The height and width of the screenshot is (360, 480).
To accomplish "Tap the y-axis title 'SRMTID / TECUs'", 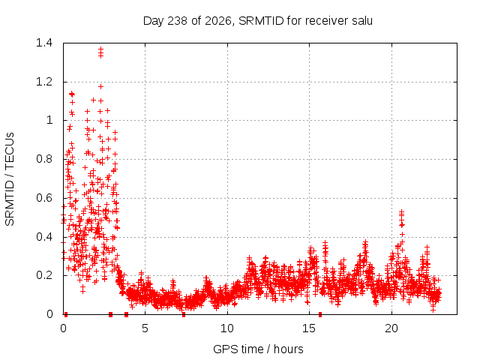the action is [10, 179].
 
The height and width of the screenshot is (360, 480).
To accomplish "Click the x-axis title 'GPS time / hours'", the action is [258, 349].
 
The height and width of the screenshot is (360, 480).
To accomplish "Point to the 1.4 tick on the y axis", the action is [44, 43].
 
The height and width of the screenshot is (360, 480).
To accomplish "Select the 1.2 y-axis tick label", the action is [44, 82].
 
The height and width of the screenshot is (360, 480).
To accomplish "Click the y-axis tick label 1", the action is [49, 120].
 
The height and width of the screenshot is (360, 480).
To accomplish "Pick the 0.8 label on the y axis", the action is [44, 159].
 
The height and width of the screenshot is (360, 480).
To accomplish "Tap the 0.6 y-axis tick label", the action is [44, 198].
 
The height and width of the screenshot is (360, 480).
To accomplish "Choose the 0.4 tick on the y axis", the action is [44, 237].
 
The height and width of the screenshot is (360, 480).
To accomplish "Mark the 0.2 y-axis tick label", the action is [44, 275].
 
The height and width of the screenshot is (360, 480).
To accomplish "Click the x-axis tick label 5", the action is [145, 328].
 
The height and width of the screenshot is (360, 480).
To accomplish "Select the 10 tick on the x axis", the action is [227, 328].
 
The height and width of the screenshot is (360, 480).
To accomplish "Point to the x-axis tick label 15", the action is [309, 328].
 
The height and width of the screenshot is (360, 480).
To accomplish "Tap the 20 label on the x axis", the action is [391, 328].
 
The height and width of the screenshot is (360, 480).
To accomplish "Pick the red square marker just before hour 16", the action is [320, 314].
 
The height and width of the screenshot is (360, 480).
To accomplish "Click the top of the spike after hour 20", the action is [402, 211].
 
